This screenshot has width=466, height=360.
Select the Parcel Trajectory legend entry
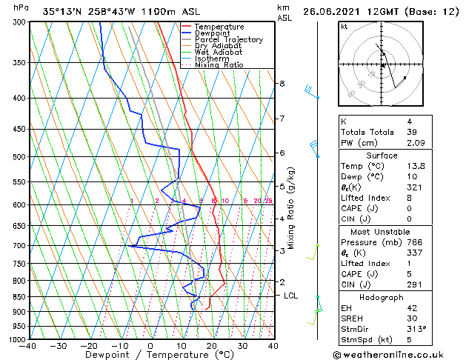[x=228, y=40]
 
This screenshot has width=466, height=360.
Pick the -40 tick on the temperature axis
[x=28, y=346]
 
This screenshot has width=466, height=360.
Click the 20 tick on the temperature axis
[x=212, y=346]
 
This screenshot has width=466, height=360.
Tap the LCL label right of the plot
[x=291, y=296]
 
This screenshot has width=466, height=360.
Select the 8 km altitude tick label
[x=282, y=84]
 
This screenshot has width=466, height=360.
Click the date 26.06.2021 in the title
[x=333, y=11]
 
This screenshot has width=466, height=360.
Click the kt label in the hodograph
[x=344, y=26]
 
